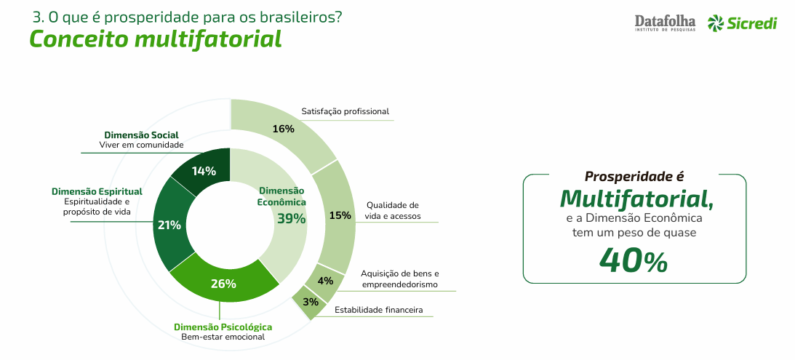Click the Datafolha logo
pos(665,23)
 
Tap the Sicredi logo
pos(743,23)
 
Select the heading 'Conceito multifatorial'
pos(155,39)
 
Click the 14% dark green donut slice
pos(204,170)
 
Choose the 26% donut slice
pos(223,284)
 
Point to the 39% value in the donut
pos(291,218)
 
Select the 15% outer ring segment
pos(336,215)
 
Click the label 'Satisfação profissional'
pos(345,111)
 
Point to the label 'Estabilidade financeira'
pos(379,309)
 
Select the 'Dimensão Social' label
pos(141,135)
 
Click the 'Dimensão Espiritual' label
pos(97,192)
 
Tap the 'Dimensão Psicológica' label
pos(223,327)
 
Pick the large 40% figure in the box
pos(634,260)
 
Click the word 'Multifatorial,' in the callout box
pos(636,199)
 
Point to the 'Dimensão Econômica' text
pos(282,196)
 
